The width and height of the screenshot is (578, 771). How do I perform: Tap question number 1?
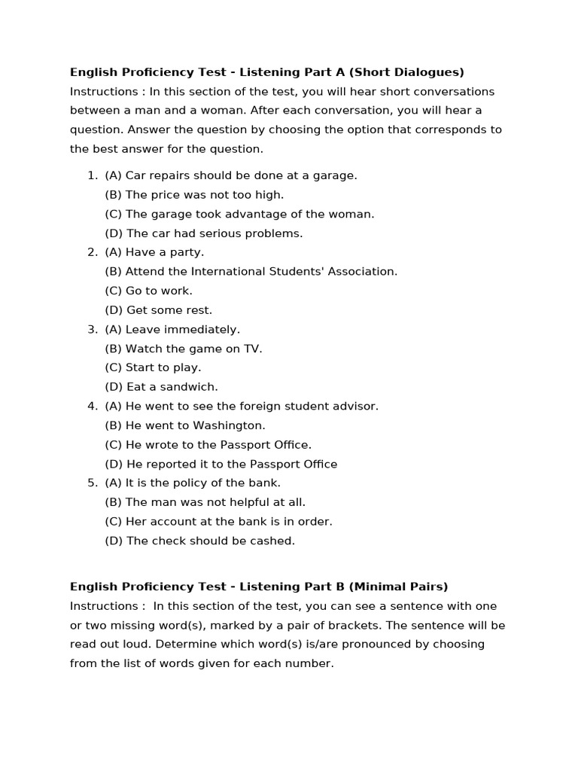click(93, 175)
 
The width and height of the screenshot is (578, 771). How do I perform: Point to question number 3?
click(93, 329)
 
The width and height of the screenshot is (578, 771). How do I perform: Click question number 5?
click(93, 483)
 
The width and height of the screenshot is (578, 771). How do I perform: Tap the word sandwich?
click(191, 387)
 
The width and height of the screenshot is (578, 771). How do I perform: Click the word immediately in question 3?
click(202, 329)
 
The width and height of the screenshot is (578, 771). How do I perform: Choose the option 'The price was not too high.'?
click(194, 195)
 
